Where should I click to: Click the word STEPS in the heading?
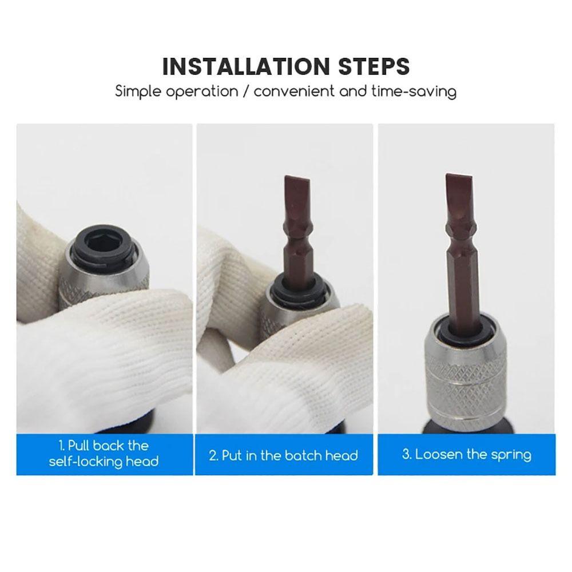coord(374,66)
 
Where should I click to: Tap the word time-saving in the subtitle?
coord(414,91)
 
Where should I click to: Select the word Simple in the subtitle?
coord(138,91)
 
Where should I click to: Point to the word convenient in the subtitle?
coord(293,91)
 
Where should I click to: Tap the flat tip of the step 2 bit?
coord(297,178)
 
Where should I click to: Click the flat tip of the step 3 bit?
coord(459,177)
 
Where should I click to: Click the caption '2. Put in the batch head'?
coord(284,455)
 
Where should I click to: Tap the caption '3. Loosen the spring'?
coord(467,455)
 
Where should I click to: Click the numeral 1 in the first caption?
coord(61,446)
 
